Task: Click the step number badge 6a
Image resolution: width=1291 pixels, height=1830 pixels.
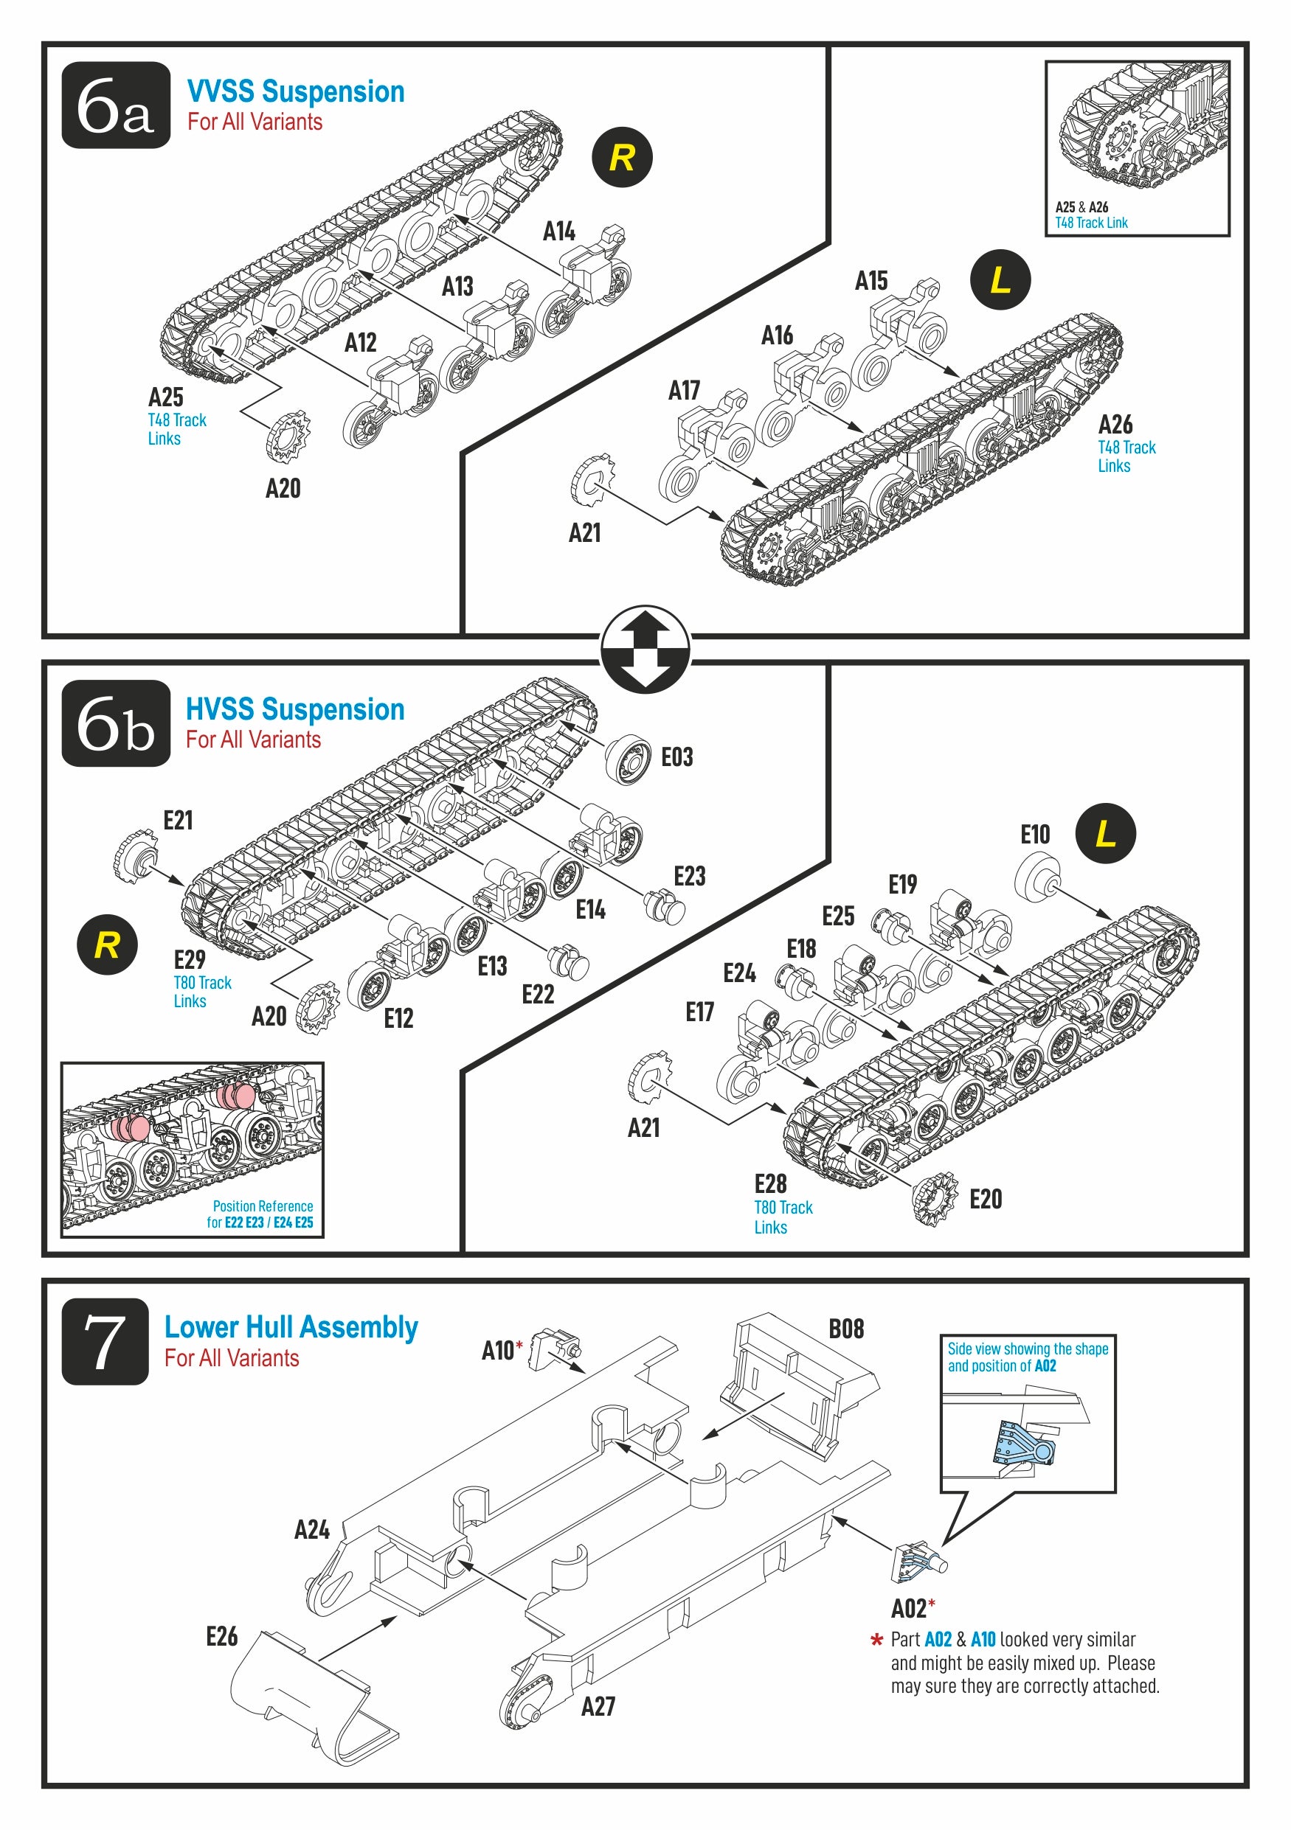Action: (116, 105)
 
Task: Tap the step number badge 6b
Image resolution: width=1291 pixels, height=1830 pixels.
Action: (116, 723)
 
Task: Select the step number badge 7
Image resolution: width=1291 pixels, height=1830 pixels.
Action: (105, 1341)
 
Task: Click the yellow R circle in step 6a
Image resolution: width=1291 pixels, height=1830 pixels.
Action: (622, 157)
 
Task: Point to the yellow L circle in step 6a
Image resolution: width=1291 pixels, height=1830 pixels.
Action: (1000, 279)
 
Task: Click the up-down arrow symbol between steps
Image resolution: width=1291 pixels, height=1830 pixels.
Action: (645, 649)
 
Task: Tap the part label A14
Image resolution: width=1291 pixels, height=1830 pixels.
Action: (559, 231)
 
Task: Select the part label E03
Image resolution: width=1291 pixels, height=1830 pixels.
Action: (677, 756)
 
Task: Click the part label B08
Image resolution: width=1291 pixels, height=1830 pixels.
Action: (846, 1329)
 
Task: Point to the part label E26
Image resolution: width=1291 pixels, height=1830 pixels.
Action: (221, 1636)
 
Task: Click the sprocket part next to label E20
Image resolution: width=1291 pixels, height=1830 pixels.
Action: (935, 1198)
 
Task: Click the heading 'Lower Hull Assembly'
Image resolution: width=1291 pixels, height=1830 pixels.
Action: (291, 1327)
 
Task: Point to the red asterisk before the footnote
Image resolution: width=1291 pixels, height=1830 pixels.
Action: (877, 1641)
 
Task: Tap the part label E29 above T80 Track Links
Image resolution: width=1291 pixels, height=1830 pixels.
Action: (189, 959)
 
